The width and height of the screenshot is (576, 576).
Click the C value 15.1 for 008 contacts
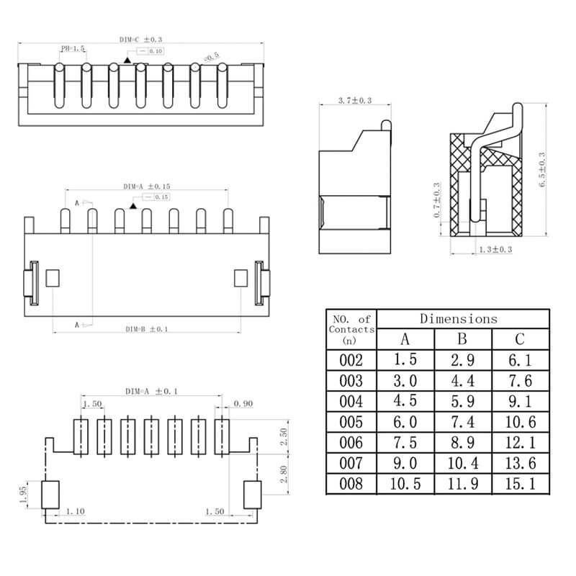[x=520, y=484]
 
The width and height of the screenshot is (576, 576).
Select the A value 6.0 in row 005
[x=405, y=422]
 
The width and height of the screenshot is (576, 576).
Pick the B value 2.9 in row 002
[x=462, y=361]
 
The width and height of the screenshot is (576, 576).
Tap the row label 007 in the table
[x=351, y=463]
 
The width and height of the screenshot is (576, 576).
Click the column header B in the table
[x=462, y=338]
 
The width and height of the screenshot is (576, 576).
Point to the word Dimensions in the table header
[x=459, y=318]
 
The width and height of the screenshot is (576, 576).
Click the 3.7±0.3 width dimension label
[x=354, y=100]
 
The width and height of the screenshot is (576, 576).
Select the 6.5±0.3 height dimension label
[x=542, y=170]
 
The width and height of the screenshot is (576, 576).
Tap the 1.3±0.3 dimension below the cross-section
[x=495, y=250]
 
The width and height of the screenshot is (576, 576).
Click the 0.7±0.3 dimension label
[x=437, y=200]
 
